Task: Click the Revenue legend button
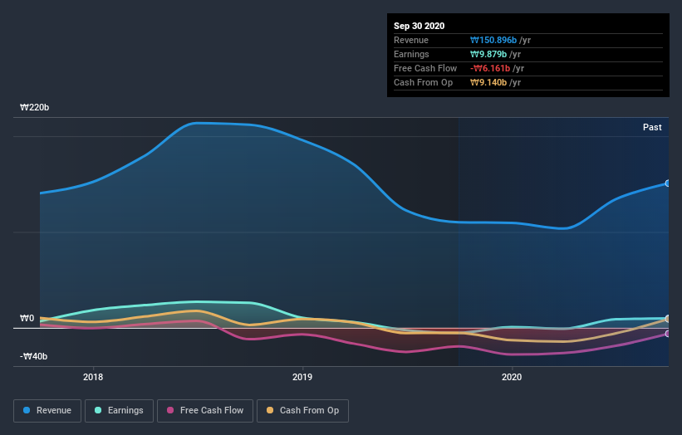coord(48,410)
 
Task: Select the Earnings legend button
coord(120,410)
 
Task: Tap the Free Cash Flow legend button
coord(204,410)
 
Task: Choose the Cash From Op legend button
coord(302,410)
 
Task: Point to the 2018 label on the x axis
coord(94,377)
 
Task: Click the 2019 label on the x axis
coord(302,377)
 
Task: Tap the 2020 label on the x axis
coord(512,377)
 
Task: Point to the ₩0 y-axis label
coord(27,319)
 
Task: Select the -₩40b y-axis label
coord(34,357)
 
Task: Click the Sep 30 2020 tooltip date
coord(420,26)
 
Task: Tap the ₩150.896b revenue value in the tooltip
coord(493,40)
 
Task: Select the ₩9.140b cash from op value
coord(489,82)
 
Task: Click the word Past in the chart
coord(652,127)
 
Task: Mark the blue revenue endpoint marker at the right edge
coord(668,183)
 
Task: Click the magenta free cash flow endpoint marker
coord(668,334)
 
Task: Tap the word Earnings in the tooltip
coord(411,54)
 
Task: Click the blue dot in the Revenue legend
coord(27,410)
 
